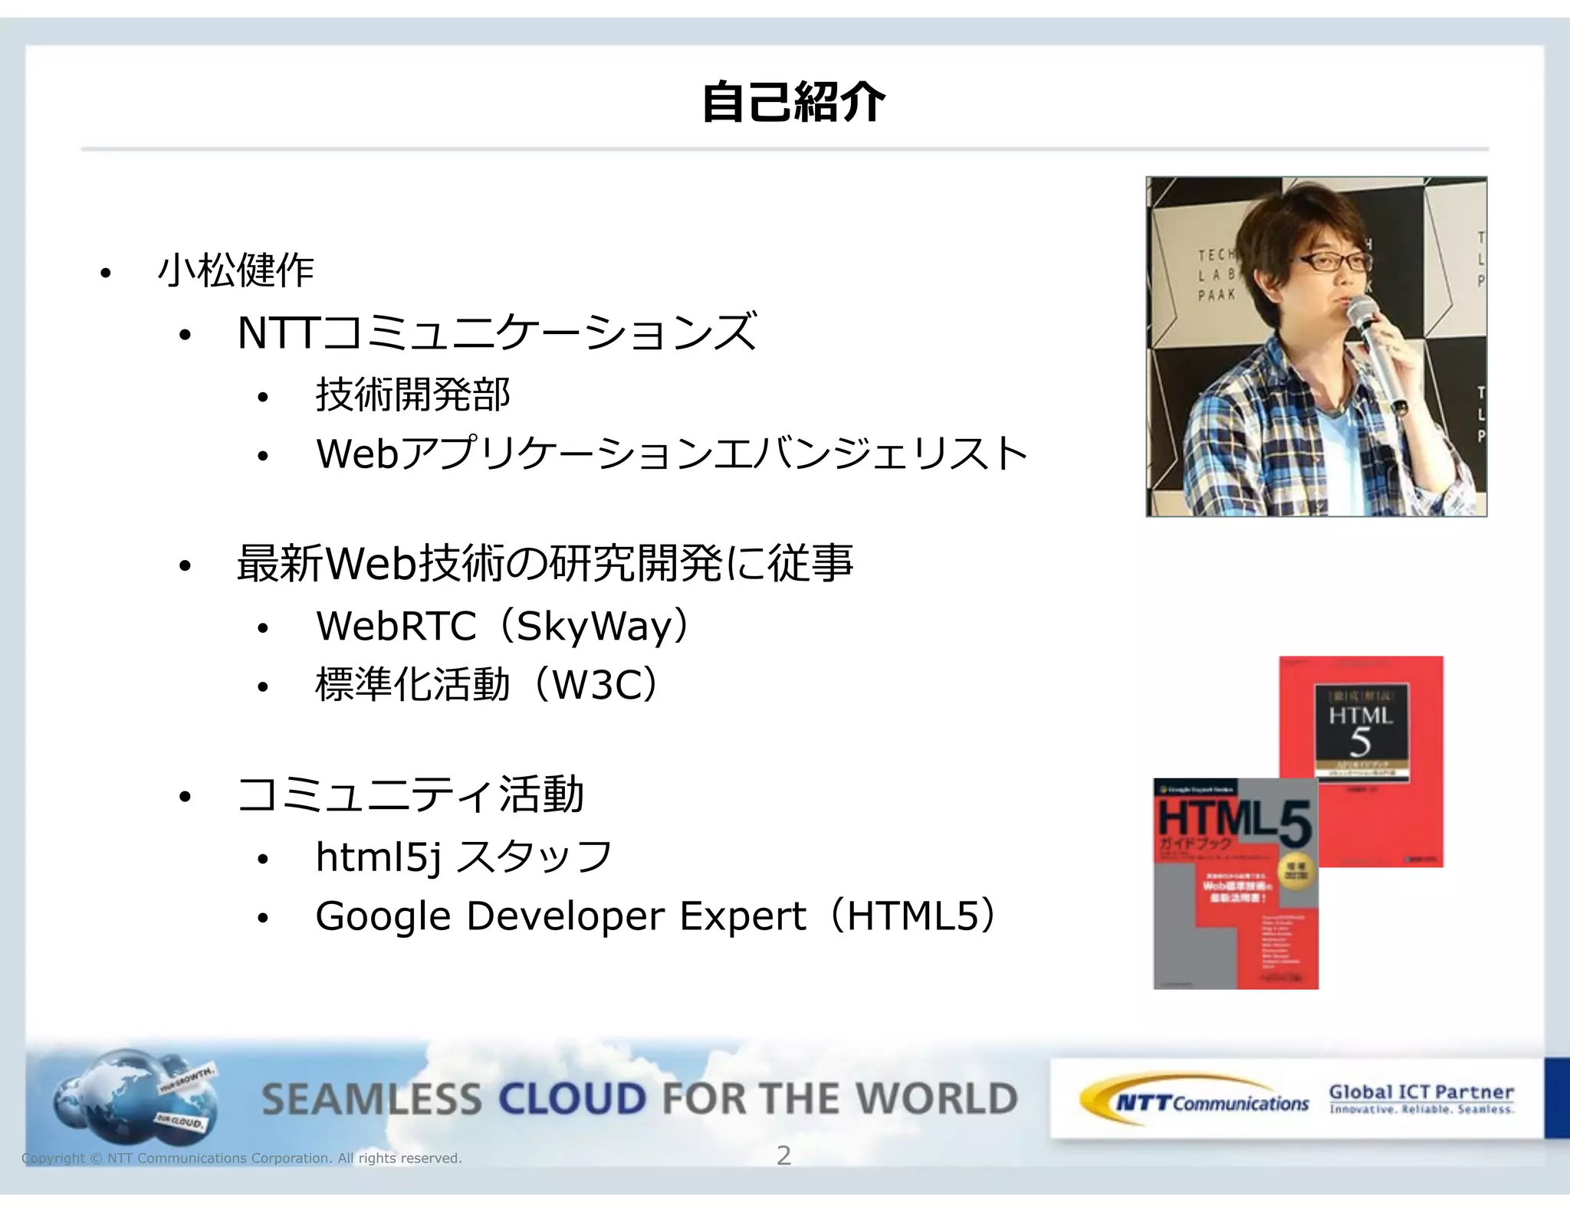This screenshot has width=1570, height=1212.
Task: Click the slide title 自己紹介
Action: (x=793, y=103)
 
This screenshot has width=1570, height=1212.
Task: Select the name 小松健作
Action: (x=235, y=270)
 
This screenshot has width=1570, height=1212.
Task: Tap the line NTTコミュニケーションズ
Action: (x=497, y=332)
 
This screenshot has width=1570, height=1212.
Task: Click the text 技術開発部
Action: (x=412, y=395)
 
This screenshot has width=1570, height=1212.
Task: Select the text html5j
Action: (x=379, y=857)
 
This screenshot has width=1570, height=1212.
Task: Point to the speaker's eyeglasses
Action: (x=1335, y=262)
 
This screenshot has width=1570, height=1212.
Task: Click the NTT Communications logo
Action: (x=1196, y=1101)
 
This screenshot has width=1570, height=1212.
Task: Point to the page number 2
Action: (x=783, y=1155)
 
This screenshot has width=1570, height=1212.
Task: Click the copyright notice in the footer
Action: (x=242, y=1158)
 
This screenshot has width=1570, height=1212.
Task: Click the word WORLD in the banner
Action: (x=936, y=1099)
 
